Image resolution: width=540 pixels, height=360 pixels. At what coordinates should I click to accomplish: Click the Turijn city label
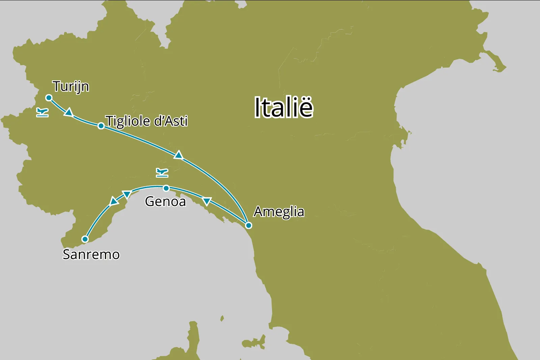coord(71,86)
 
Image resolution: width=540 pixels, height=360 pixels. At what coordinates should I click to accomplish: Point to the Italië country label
coord(283,107)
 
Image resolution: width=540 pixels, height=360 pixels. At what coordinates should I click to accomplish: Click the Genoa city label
coord(165,201)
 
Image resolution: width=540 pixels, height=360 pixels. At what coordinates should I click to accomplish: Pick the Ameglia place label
coord(279,212)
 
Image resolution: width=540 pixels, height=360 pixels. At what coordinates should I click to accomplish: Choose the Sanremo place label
coord(91,254)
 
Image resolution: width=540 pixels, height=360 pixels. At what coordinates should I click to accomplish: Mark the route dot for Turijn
coord(49,98)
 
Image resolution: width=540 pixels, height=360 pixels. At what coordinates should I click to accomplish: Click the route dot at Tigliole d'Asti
coord(101,126)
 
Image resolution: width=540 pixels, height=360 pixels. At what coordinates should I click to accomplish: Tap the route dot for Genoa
coord(166,188)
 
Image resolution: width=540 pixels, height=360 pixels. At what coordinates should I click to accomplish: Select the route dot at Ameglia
coord(248,225)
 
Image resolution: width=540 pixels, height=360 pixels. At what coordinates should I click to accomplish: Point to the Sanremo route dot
coord(85,239)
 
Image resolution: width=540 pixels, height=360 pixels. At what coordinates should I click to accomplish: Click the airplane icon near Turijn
coord(42,112)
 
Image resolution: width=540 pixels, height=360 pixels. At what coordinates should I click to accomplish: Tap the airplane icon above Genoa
coord(162,173)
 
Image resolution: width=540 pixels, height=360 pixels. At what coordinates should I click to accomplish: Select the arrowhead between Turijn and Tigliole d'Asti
coord(69,112)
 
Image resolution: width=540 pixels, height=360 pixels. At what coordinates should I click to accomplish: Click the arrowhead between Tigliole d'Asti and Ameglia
coord(179,155)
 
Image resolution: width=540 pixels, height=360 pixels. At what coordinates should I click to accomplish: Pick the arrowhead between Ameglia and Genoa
coord(207,201)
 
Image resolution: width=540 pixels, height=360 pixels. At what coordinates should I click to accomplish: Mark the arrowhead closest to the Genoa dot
coord(127,194)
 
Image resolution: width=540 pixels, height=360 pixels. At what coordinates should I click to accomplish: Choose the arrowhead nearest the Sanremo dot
coord(114,201)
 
